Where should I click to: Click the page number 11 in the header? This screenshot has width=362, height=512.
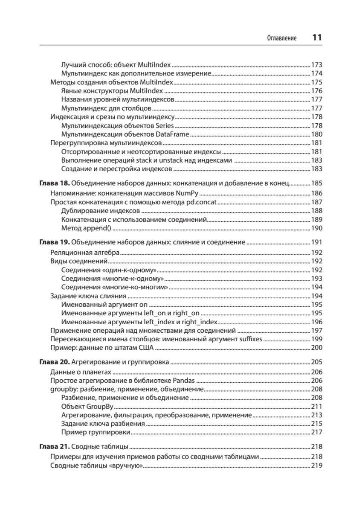click(316, 38)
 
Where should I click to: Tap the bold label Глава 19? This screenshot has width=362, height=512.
click(54, 242)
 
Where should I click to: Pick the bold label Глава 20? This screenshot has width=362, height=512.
click(54, 362)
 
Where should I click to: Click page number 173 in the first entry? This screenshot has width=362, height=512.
click(317, 65)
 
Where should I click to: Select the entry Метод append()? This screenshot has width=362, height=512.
click(86, 228)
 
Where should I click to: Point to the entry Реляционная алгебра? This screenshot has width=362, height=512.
click(85, 252)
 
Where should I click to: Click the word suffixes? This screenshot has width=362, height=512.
click(249, 339)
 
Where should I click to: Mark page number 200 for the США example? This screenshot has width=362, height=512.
click(317, 348)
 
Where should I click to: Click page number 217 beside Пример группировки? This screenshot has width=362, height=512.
click(317, 432)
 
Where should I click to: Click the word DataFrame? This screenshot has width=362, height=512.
click(172, 134)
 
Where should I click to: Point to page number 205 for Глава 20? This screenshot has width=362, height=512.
click(317, 362)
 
